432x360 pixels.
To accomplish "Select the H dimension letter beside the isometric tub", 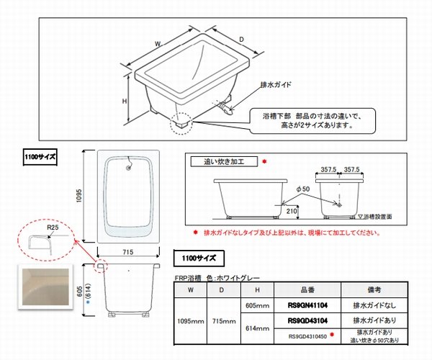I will pos(125,102).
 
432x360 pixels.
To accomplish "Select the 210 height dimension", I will pos(291,210).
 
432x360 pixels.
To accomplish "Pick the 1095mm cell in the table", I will pos(190,321).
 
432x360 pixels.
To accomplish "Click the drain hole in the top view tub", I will pos(129,168).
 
